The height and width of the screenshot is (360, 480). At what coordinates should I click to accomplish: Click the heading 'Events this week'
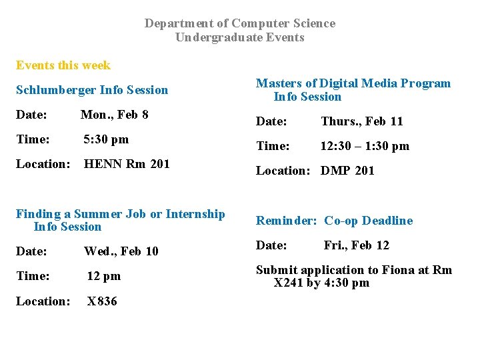pyautogui.click(x=63, y=65)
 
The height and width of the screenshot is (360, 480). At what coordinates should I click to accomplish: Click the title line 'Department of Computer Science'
pyautogui.click(x=240, y=23)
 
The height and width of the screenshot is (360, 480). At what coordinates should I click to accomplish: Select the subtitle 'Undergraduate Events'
pyautogui.click(x=240, y=37)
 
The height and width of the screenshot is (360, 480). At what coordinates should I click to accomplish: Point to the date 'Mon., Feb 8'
pyautogui.click(x=114, y=115)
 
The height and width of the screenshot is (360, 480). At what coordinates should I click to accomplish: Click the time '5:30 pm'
pyautogui.click(x=106, y=139)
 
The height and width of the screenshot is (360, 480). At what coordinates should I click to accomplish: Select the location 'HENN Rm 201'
pyautogui.click(x=127, y=164)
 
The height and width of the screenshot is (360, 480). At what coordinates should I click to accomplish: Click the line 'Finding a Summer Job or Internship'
pyautogui.click(x=121, y=214)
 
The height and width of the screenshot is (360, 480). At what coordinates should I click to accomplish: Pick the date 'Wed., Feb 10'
pyautogui.click(x=121, y=251)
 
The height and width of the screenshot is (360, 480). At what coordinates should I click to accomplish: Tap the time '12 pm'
pyautogui.click(x=104, y=276)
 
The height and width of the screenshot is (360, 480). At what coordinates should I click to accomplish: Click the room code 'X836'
pyautogui.click(x=102, y=301)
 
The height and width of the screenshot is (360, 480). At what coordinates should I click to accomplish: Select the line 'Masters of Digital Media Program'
pyautogui.click(x=353, y=83)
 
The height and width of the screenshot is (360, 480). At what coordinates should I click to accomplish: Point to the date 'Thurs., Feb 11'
pyautogui.click(x=362, y=121)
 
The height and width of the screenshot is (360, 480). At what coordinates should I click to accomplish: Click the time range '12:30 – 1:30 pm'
pyautogui.click(x=365, y=146)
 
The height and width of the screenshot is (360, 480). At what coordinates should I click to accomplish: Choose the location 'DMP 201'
pyautogui.click(x=347, y=171)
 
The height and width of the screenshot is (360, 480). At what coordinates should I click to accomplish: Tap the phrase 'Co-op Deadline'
pyautogui.click(x=369, y=221)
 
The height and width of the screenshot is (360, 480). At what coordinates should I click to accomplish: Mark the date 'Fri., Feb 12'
pyautogui.click(x=357, y=245)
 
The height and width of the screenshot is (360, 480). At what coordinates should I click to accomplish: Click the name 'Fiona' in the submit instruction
pyautogui.click(x=399, y=270)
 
